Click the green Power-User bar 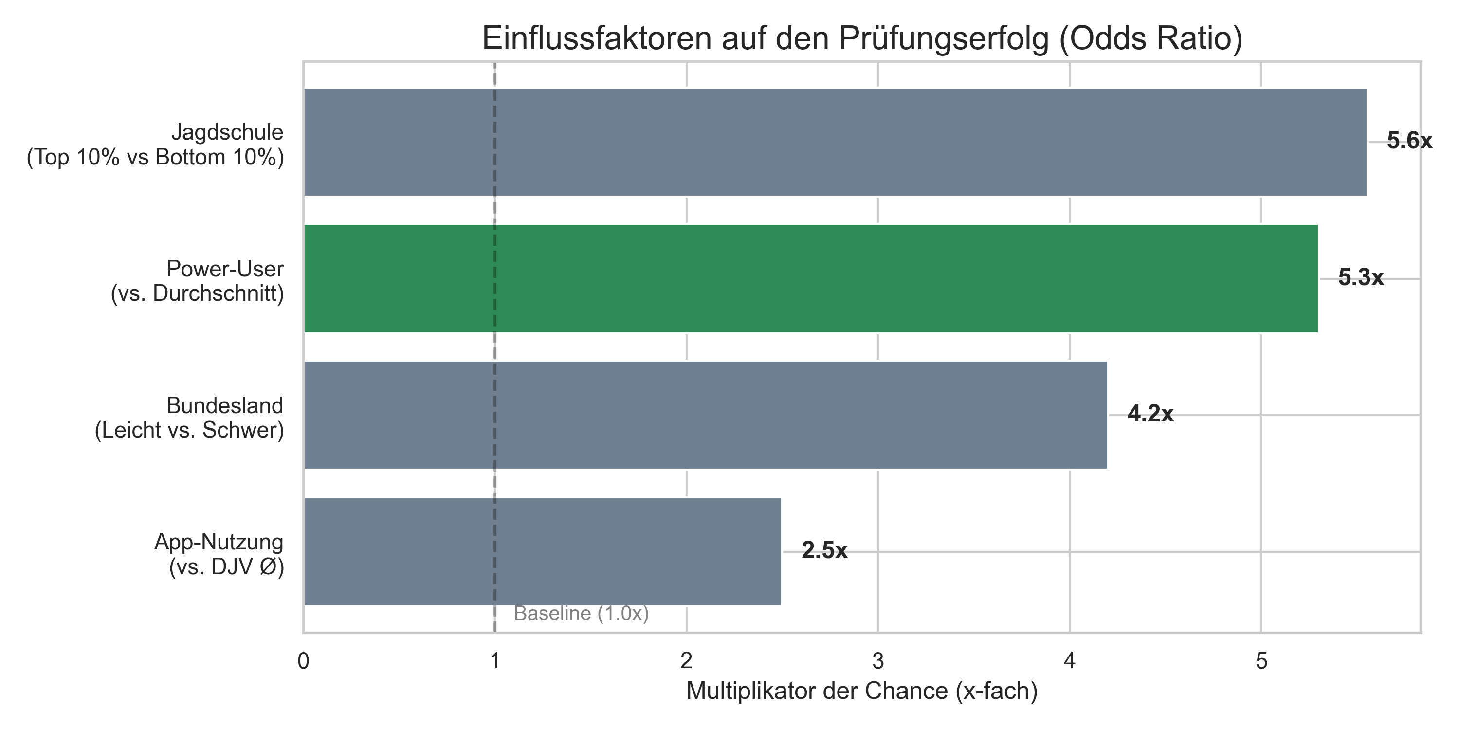tap(810, 278)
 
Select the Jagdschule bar tap(834, 142)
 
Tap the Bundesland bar tap(705, 415)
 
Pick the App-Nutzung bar tap(542, 551)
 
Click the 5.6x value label tap(1409, 141)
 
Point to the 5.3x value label tap(1360, 278)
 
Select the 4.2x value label tap(1150, 414)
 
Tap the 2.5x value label tap(824, 551)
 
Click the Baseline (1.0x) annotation tap(581, 614)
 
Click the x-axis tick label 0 tap(303, 661)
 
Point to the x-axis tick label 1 tap(495, 661)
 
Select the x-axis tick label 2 tap(686, 661)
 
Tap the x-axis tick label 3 tap(878, 661)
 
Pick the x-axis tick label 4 tap(1070, 661)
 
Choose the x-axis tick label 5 tap(1261, 661)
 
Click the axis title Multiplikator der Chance tap(861, 692)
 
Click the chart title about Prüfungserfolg tap(861, 38)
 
